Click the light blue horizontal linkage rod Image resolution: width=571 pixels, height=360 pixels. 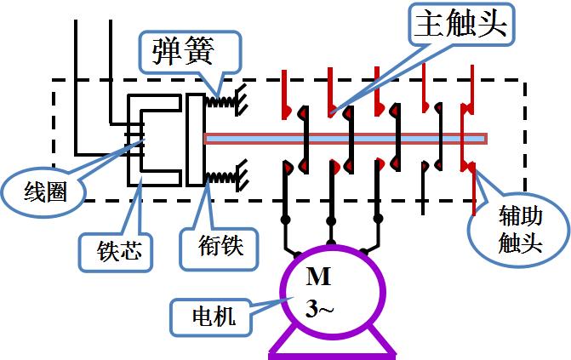[340, 138]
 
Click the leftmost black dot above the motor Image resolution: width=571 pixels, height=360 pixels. [286, 220]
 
